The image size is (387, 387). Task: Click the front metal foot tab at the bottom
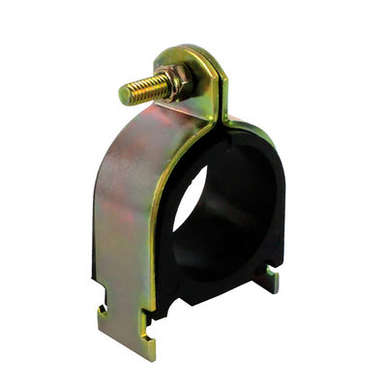[126, 329]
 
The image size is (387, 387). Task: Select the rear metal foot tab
[265, 281]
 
